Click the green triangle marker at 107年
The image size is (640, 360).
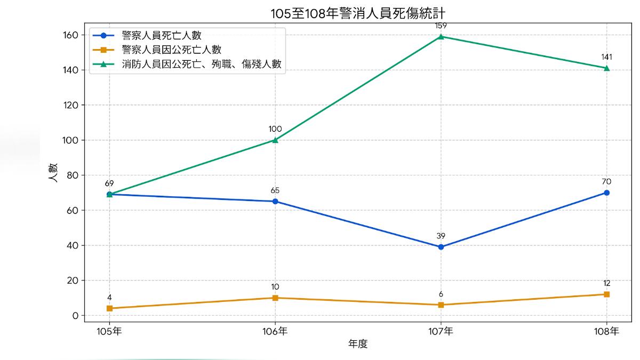coord(441,36)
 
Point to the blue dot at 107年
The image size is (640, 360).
coord(441,247)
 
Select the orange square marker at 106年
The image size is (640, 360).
coord(275,298)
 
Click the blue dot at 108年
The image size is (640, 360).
coord(606,193)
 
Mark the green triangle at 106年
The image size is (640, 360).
coord(275,140)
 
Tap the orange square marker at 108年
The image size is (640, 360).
coord(606,294)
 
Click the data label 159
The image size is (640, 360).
coord(441,25)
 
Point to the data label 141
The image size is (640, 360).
coord(606,57)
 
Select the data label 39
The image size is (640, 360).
coord(441,236)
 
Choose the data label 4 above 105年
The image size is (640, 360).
coord(109,297)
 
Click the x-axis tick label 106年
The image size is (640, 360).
coord(275,331)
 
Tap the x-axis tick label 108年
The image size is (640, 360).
coord(606,331)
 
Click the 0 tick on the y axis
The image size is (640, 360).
coord(75,316)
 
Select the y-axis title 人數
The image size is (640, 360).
coord(54,174)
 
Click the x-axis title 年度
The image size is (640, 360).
coord(358,344)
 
